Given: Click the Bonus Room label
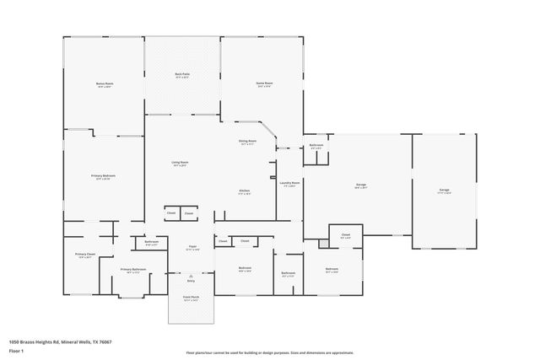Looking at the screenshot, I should coord(104,84).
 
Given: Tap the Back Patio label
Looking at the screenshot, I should coord(182,76).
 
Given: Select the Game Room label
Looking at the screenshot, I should coord(264,84).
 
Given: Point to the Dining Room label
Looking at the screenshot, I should coord(247,143).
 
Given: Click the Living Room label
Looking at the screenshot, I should coord(180,163).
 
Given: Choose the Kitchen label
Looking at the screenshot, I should coord(244,191).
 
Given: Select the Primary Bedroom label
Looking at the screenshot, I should coord(102,177).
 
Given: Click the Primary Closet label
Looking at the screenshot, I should coord(83,255).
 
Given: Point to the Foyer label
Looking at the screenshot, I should coord(192,248).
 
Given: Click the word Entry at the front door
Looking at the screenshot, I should coord(191,281).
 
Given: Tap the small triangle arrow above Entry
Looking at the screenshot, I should coord(191,275).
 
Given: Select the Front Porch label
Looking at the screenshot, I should coord(191,299).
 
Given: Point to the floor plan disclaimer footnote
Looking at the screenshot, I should coord(271,352).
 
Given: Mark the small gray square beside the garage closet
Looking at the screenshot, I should coord(323,244).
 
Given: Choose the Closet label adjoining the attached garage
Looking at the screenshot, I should coord(346,235).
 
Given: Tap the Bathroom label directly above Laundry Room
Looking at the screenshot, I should coord(316,147).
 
